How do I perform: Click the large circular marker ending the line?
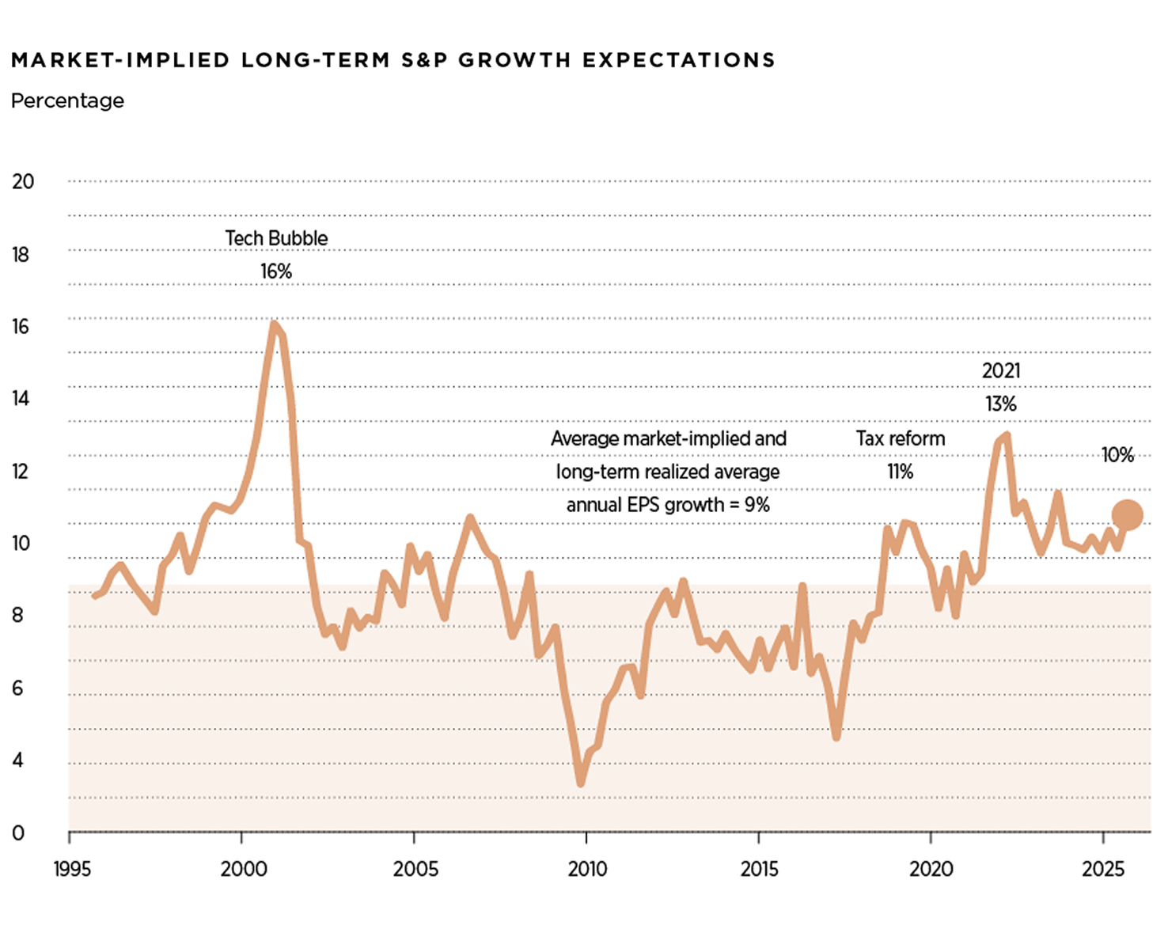pos(1127,515)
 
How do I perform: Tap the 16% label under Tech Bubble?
pos(276,271)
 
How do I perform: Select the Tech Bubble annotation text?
pos(276,238)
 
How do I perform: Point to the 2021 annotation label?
pos(1001,370)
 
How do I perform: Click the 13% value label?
pos(1001,404)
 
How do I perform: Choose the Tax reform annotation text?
pos(901,438)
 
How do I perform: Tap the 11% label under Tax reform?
pos(901,472)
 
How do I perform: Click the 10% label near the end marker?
pos(1117,455)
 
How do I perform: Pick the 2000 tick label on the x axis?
pos(244,869)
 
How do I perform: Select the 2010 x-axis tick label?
pos(587,869)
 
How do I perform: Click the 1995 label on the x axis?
pos(72,869)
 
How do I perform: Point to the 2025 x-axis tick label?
pos(1103,869)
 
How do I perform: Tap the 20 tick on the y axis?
pos(23,181)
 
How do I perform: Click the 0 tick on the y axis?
pos(18,832)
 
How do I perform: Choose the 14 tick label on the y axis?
pos(21,398)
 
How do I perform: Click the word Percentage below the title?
pos(67,101)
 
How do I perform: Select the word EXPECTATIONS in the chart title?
pos(679,60)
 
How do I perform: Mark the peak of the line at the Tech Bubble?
pos(274,323)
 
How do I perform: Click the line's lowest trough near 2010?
pos(581,783)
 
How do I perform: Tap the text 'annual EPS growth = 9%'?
pos(668,505)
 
